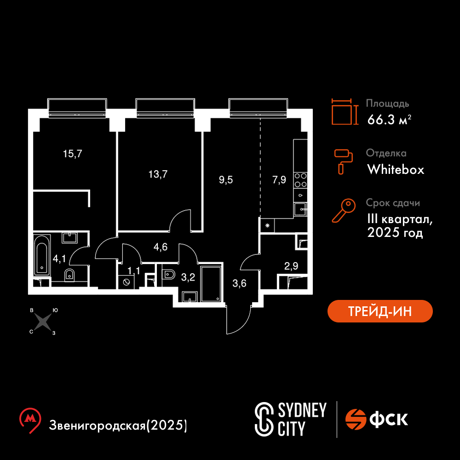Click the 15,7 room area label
click(73, 154)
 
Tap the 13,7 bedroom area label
click(158, 174)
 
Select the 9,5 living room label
click(226, 179)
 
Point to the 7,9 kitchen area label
click(279, 179)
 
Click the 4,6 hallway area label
click(161, 247)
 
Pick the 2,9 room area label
click(291, 266)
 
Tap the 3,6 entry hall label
click(239, 283)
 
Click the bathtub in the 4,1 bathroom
click(42, 255)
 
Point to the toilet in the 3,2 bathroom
click(168, 275)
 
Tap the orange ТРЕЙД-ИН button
click(380, 311)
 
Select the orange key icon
click(344, 210)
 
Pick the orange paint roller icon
click(344, 161)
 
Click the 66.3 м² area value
click(389, 120)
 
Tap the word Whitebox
click(396, 170)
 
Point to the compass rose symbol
click(43, 322)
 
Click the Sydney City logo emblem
click(264, 419)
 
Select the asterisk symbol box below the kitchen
click(267, 225)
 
